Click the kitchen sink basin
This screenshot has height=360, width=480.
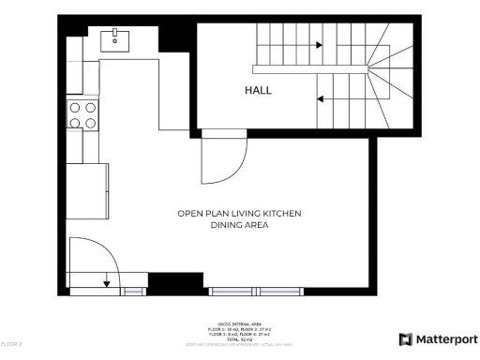pos(115,38)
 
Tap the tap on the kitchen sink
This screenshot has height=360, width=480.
pos(115,32)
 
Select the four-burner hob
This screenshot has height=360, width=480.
pos(82,115)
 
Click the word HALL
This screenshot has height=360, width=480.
pos(258,91)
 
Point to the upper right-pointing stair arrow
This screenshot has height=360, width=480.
pos(319,44)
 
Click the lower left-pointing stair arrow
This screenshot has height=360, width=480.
pos(322,97)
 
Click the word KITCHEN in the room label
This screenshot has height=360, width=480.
pos(280,214)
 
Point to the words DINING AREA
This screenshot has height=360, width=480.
pos(239,226)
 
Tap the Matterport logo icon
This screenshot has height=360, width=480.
pos(405,338)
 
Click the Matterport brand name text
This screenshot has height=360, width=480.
pos(446,338)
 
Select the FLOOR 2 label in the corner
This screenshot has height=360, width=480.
pos(11,345)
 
